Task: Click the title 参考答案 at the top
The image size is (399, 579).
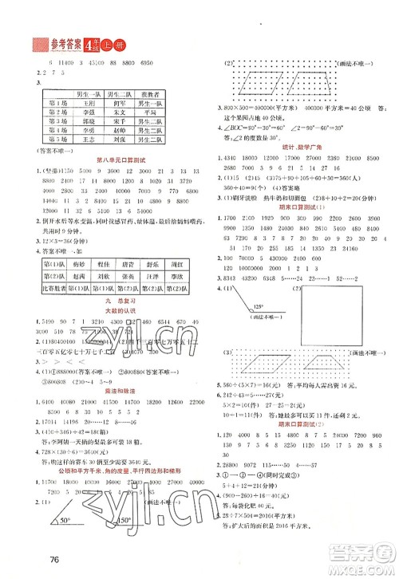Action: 49,43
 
